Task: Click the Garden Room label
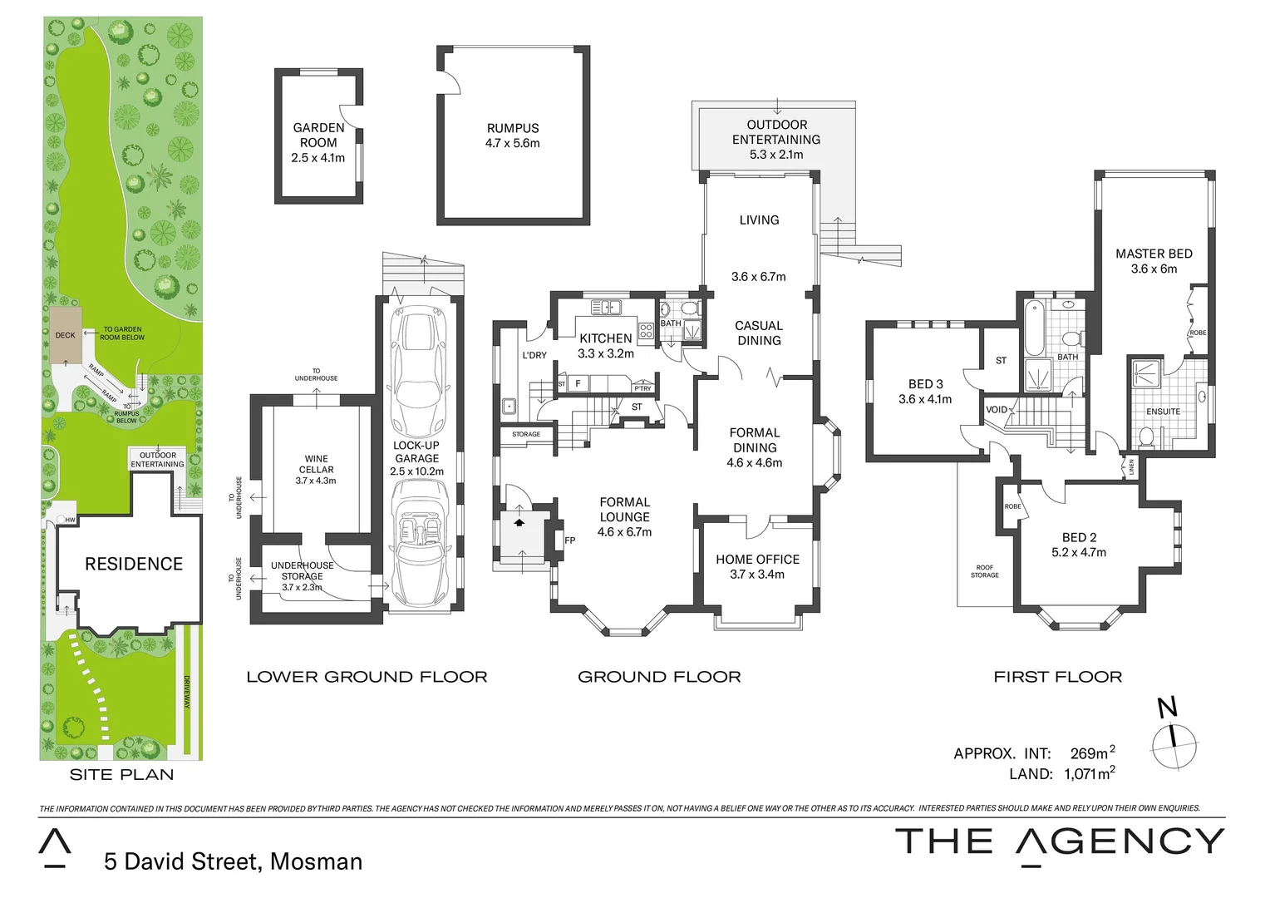[318, 135]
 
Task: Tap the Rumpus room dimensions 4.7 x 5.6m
[512, 143]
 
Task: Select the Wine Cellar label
[316, 464]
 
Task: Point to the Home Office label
[757, 560]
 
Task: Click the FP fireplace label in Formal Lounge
[570, 540]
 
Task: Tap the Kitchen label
[605, 338]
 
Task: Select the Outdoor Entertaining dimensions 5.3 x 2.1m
[775, 155]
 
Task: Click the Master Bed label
[1154, 254]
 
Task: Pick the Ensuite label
[1163, 412]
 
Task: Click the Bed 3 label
[925, 384]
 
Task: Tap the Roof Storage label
[984, 571]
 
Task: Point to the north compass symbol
[1174, 735]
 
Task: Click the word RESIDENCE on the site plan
[134, 564]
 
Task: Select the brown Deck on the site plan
[65, 335]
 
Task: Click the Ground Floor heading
[659, 677]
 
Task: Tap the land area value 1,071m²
[1090, 774]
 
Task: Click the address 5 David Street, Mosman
[234, 861]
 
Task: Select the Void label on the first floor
[996, 410]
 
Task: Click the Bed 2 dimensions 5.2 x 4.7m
[1079, 552]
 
